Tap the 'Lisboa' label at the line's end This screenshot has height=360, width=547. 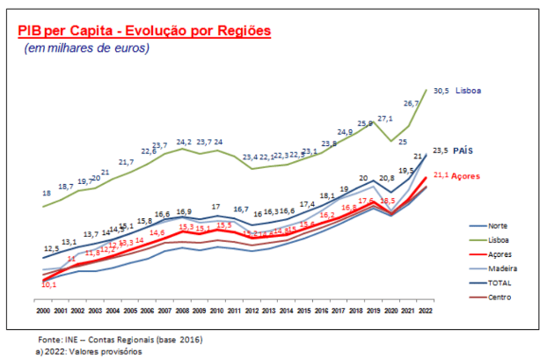coord(470,91)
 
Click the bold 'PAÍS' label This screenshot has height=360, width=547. coord(464,151)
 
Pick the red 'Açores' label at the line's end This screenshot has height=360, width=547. coord(465,174)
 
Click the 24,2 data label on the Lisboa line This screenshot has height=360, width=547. coord(183,141)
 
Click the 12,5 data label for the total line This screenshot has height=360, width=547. coord(51,249)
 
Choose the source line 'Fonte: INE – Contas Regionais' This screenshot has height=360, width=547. coord(120,339)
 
